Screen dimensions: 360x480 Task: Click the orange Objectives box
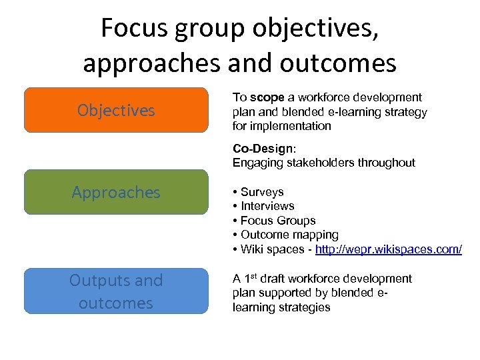click(116, 110)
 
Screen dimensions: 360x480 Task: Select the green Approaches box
click(116, 192)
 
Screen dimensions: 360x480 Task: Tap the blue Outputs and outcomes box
click(116, 291)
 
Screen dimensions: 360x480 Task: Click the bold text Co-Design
click(259, 148)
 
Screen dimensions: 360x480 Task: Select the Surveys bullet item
click(262, 192)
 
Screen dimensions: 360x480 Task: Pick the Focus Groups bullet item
click(278, 221)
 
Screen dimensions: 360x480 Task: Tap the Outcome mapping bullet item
click(289, 235)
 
